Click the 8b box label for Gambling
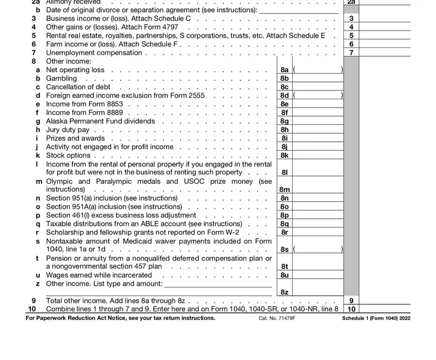pos(284,79)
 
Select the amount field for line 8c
pos(318,87)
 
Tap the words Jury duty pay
pos(68,130)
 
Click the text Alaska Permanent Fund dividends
pos(100,121)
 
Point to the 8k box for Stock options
pos(284,155)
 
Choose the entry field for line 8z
pos(318,292)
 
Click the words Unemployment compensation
pos(94,53)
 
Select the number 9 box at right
pos(351,301)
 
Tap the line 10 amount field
pos(385,309)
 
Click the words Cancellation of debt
pos(78,87)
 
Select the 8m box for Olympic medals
pos(284,189)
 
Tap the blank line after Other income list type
pos(218,284)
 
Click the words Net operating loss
pos(75,70)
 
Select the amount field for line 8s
pos(318,249)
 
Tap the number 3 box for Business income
pos(351,19)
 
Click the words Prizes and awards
pos(75,138)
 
